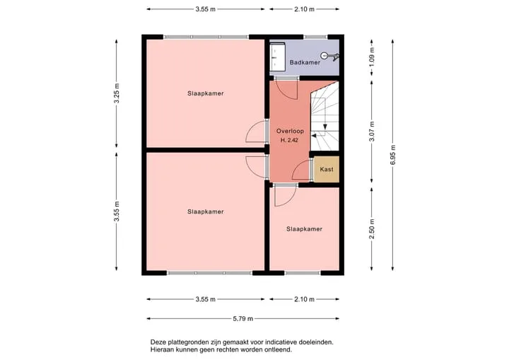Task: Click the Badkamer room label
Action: click(x=305, y=62)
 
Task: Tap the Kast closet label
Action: click(x=327, y=169)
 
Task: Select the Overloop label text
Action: click(x=290, y=131)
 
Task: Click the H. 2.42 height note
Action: click(x=289, y=140)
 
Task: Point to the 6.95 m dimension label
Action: click(x=393, y=155)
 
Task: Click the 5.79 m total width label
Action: click(x=242, y=319)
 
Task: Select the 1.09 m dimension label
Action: click(x=372, y=57)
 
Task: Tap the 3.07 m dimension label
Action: click(x=372, y=132)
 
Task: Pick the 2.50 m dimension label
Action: click(x=372, y=228)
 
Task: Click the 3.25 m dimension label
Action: click(x=117, y=93)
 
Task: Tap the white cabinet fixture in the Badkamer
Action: click(x=278, y=57)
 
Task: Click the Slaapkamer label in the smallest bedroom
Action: click(x=304, y=229)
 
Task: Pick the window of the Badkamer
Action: click(x=315, y=37)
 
